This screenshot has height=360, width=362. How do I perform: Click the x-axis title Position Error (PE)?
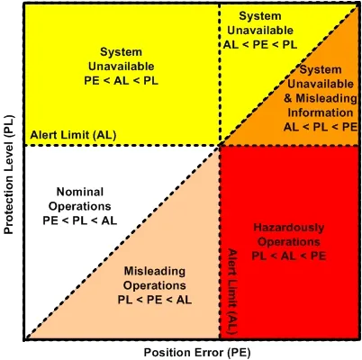point(197,353)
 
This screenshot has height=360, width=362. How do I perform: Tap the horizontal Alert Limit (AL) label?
point(73,135)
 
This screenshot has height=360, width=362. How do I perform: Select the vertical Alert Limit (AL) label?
point(232,292)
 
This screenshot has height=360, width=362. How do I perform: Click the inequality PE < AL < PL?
point(121,81)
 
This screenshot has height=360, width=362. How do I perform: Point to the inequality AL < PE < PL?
point(260,45)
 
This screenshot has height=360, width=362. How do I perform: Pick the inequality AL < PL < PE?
point(321,127)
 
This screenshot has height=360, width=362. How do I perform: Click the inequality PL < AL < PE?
point(289,256)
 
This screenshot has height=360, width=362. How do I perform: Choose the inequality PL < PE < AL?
point(155,300)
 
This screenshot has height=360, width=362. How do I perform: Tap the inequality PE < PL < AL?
point(80,220)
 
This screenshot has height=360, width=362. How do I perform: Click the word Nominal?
point(80,192)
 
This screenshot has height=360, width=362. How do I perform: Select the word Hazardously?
point(289,228)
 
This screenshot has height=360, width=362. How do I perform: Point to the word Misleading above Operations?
point(155,271)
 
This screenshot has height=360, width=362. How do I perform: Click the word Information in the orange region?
point(321,112)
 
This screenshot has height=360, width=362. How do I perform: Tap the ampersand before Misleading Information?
point(288,98)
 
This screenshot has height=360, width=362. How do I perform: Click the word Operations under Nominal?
point(80,206)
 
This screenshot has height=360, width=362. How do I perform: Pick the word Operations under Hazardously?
point(289,242)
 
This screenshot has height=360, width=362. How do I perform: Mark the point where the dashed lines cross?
point(220,146)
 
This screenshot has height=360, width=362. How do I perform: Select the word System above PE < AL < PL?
point(121,52)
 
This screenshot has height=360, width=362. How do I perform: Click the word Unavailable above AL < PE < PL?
point(260,31)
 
